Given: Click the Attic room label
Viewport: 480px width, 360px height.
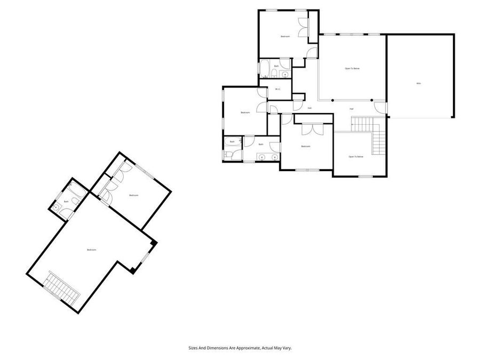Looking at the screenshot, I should (x=419, y=84).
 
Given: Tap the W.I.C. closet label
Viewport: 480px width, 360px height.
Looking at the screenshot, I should (x=277, y=89).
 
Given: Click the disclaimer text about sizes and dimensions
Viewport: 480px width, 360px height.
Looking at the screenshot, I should (x=240, y=347).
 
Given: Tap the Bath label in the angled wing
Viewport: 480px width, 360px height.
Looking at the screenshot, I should (x=66, y=202).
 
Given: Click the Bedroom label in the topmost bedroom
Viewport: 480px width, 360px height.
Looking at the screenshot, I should (x=285, y=36).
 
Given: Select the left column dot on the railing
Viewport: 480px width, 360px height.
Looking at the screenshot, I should (x=332, y=100).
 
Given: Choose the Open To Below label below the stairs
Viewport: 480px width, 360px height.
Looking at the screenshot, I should (x=356, y=156).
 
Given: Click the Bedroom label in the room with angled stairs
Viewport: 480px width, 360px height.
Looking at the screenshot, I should (x=92, y=250).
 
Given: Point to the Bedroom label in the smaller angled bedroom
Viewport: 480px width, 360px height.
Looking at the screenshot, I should (x=133, y=196).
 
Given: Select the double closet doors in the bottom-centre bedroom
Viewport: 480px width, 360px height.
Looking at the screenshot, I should (x=312, y=130).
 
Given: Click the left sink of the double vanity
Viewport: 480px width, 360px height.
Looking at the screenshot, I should (x=262, y=156).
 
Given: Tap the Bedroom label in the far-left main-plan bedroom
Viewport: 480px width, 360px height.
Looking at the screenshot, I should (x=245, y=113).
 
